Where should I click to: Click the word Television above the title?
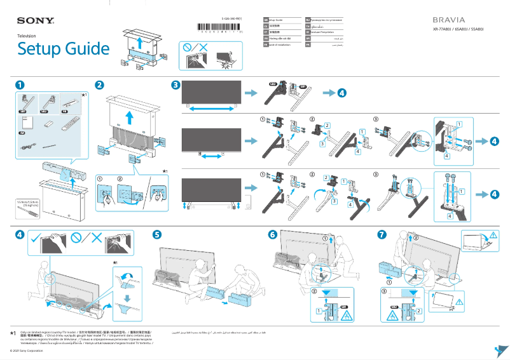click(x=26, y=36)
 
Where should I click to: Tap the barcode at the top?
click(x=219, y=29)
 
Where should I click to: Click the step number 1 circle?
click(x=20, y=85)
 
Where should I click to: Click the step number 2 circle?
click(x=99, y=85)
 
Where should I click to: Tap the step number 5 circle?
click(x=158, y=234)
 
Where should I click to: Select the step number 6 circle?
click(x=273, y=234)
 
